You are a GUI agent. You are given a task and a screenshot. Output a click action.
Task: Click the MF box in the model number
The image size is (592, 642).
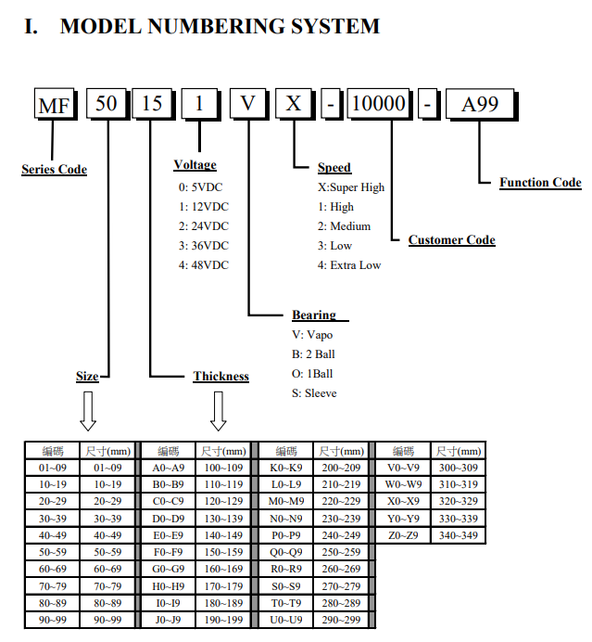tap(56, 104)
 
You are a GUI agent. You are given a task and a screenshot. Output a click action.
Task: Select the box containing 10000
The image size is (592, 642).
tap(380, 104)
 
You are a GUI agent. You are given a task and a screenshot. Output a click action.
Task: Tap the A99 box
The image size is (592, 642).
tap(481, 105)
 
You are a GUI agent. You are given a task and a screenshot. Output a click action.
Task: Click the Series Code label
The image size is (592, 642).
tap(54, 170)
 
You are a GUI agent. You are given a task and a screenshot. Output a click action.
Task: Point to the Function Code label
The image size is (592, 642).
tap(540, 182)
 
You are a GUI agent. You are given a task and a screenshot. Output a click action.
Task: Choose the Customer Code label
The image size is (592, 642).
tap(451, 240)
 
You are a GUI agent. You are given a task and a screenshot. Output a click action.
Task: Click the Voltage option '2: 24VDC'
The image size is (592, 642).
tap(203, 226)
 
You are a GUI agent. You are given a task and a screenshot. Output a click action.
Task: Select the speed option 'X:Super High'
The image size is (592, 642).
tap(351, 187)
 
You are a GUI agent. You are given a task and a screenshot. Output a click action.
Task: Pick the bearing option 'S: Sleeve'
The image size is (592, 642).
tap(314, 393)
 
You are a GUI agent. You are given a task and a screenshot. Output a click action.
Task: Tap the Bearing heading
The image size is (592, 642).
tap(314, 315)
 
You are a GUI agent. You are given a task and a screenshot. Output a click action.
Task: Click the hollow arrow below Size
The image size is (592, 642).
tap(88, 411)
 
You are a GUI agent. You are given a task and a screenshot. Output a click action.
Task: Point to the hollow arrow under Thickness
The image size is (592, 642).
tap(219, 411)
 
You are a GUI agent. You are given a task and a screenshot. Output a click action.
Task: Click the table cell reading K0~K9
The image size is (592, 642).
tap(285, 468)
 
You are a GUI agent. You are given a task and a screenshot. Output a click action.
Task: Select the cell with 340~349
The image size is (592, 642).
tap(459, 535)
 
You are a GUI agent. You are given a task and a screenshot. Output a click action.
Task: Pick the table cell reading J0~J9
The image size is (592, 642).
tap(168, 620)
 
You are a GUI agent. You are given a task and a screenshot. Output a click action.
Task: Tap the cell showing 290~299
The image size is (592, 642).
tap(341, 620)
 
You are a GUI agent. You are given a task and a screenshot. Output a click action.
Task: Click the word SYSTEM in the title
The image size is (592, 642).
tap(335, 26)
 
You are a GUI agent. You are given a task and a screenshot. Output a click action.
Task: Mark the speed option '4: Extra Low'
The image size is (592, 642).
tap(349, 265)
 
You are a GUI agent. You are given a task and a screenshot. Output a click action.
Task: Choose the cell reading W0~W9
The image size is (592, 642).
tap(403, 484)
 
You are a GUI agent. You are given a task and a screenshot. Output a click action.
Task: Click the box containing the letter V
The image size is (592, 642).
tap(248, 104)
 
